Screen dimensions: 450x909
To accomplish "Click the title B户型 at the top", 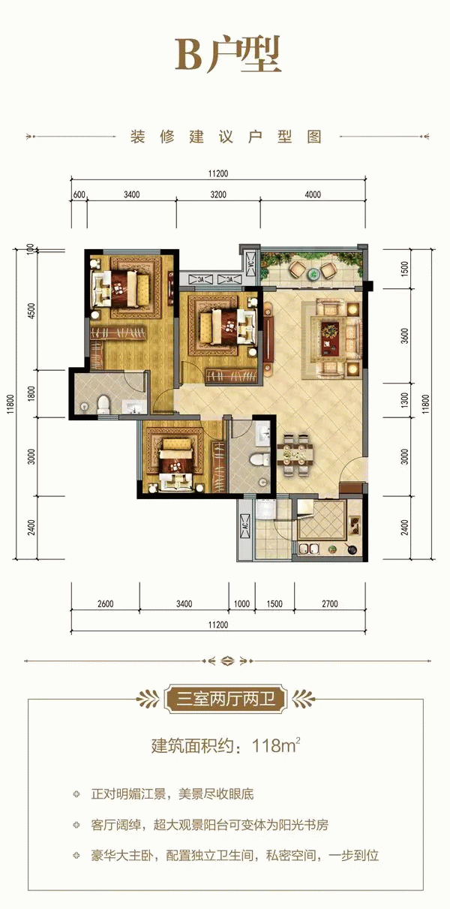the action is tap(228, 56).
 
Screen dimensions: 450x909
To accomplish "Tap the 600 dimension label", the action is tap(79, 195).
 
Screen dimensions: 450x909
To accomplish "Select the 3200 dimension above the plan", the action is tap(218, 195).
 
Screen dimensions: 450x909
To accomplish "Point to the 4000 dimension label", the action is tap(313, 195).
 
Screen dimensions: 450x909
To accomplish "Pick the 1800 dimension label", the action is tap(32, 393).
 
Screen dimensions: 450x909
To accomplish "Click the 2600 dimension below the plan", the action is tap(106, 603).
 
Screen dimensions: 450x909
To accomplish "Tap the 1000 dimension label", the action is tap(241, 603).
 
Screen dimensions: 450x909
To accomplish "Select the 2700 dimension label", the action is tap(329, 603).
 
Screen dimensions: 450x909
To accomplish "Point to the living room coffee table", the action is tap(331, 339).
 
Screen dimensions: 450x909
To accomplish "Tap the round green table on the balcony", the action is tap(313, 274).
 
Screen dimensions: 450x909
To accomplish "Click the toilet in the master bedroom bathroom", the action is tap(103, 405).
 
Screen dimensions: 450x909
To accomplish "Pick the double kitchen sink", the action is tap(309, 550).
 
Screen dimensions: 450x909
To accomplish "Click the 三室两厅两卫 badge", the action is tap(226, 699).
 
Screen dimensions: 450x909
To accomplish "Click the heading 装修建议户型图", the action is tap(226, 137).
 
